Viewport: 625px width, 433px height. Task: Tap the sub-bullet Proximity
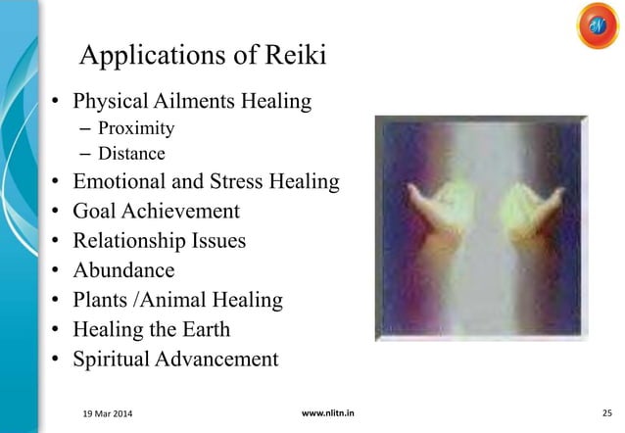click(136, 128)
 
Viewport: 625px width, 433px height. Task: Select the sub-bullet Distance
click(131, 154)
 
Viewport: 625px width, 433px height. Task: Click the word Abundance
click(125, 270)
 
